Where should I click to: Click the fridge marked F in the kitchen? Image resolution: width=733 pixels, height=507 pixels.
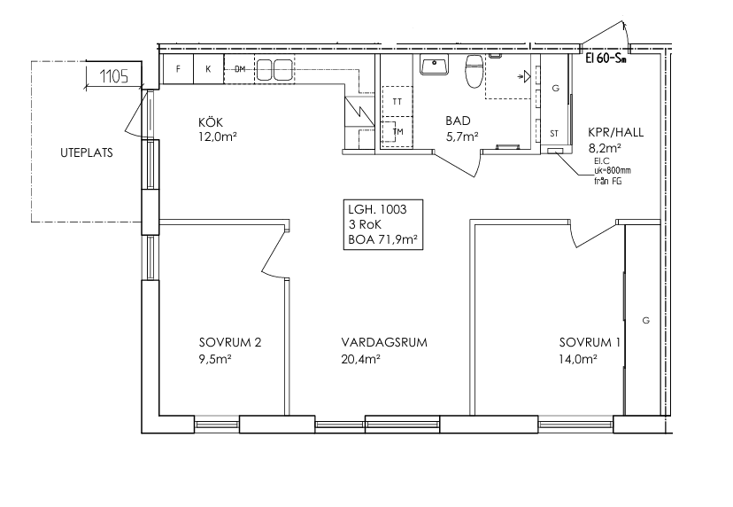click(178, 69)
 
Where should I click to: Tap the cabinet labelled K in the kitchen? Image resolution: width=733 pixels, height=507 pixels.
click(209, 69)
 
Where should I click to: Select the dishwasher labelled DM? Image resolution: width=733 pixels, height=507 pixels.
click(239, 69)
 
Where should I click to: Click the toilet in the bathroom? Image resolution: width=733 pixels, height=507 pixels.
click(474, 71)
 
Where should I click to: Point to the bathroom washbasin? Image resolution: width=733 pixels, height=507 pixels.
click(435, 65)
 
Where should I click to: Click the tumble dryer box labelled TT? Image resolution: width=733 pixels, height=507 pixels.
click(397, 101)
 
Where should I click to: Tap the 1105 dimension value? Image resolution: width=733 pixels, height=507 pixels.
click(114, 76)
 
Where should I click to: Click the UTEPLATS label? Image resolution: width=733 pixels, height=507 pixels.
click(87, 152)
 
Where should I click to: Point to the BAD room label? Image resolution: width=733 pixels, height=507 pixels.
click(458, 121)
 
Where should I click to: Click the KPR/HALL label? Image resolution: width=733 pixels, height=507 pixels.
click(615, 132)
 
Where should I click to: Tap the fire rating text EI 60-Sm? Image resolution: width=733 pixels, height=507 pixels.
click(606, 59)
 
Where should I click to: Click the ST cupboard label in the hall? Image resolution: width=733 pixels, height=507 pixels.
click(554, 134)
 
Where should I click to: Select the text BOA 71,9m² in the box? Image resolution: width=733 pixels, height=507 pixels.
click(382, 239)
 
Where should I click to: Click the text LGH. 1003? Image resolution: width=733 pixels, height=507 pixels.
click(377, 209)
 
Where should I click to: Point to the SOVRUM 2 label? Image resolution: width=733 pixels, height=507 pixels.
click(230, 342)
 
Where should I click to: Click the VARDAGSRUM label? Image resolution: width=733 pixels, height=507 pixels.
click(384, 342)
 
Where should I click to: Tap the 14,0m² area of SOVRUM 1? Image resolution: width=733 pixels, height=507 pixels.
click(578, 360)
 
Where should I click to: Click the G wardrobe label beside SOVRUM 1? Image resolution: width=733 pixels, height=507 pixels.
click(646, 321)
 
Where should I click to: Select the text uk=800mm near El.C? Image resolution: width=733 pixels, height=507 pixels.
click(612, 171)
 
